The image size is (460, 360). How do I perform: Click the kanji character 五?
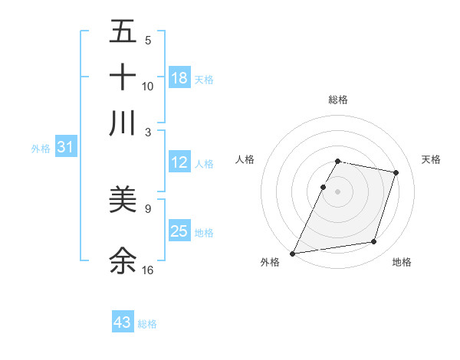click(123, 33)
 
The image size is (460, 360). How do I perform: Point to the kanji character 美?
click(123, 200)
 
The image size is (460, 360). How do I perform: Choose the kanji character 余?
click(123, 260)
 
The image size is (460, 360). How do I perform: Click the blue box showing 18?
click(179, 77)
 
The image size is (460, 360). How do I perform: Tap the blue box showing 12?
click(179, 162)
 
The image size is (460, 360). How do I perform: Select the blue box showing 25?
click(179, 231)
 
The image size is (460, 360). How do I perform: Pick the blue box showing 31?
click(65, 148)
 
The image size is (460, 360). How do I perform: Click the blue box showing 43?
click(123, 322)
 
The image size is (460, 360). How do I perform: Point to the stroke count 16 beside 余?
click(148, 270)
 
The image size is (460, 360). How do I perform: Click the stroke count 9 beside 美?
click(148, 208)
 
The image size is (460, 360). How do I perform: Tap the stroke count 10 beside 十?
click(148, 86)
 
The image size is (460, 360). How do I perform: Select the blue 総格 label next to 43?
click(148, 324)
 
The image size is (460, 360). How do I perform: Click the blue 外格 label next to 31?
click(41, 149)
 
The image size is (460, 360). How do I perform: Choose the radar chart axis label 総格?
click(338, 100)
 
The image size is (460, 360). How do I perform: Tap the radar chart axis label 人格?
click(245, 159)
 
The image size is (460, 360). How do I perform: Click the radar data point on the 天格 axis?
click(396, 173)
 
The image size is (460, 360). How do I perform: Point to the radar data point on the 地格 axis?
click(374, 242)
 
